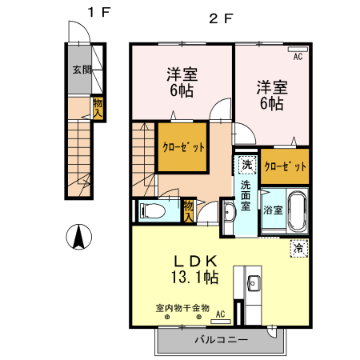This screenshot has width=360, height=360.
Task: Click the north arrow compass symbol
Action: (x=81, y=237)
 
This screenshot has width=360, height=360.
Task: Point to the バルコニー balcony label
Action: (x=222, y=340)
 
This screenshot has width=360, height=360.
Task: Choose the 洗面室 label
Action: (x=246, y=195)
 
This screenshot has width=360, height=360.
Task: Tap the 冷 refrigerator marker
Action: (x=298, y=248)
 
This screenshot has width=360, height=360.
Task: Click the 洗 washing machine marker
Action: (x=246, y=165)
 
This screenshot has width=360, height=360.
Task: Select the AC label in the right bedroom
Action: (x=297, y=57)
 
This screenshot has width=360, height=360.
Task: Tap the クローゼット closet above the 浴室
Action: (x=285, y=166)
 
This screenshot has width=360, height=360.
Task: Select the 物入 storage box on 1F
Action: (x=98, y=108)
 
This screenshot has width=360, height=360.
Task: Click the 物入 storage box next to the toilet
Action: (x=188, y=210)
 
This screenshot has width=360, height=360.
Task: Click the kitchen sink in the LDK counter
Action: (x=254, y=283)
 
